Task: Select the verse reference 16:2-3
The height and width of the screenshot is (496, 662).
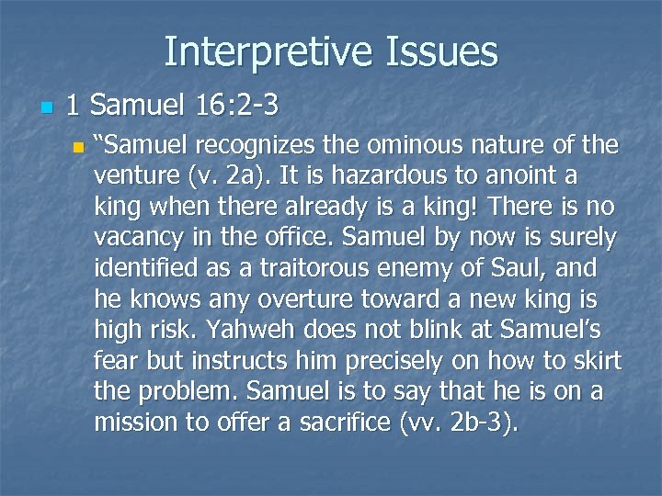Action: click(237, 107)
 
